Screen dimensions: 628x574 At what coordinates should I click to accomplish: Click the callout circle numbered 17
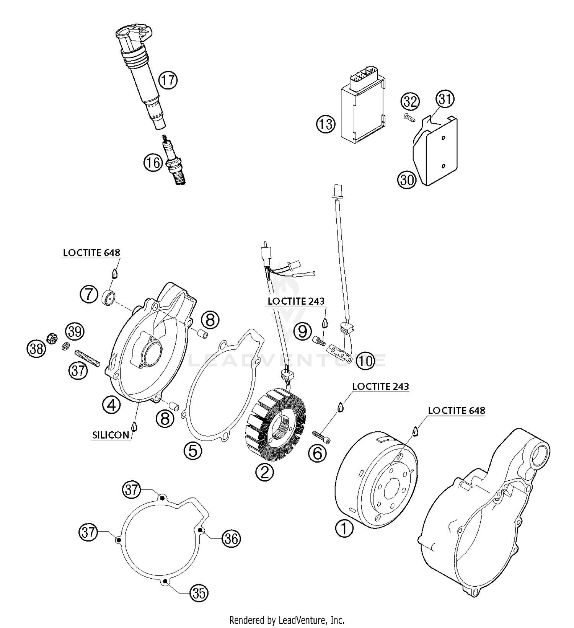[x=168, y=80]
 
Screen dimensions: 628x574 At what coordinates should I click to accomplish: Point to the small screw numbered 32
[x=409, y=118]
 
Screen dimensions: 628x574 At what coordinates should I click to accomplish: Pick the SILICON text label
[x=111, y=435]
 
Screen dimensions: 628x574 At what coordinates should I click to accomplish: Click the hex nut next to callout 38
[x=51, y=338]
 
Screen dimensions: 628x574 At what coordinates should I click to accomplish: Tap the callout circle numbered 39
[x=75, y=331]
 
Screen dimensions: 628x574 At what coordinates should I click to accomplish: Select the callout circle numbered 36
[x=231, y=539]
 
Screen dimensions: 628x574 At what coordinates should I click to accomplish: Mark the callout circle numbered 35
[x=199, y=593]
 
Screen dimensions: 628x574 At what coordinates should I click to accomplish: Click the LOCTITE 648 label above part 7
[x=91, y=253]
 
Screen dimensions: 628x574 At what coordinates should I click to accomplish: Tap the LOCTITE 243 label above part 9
[x=296, y=302]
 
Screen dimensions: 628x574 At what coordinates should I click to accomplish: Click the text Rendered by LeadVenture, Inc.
[x=287, y=620]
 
